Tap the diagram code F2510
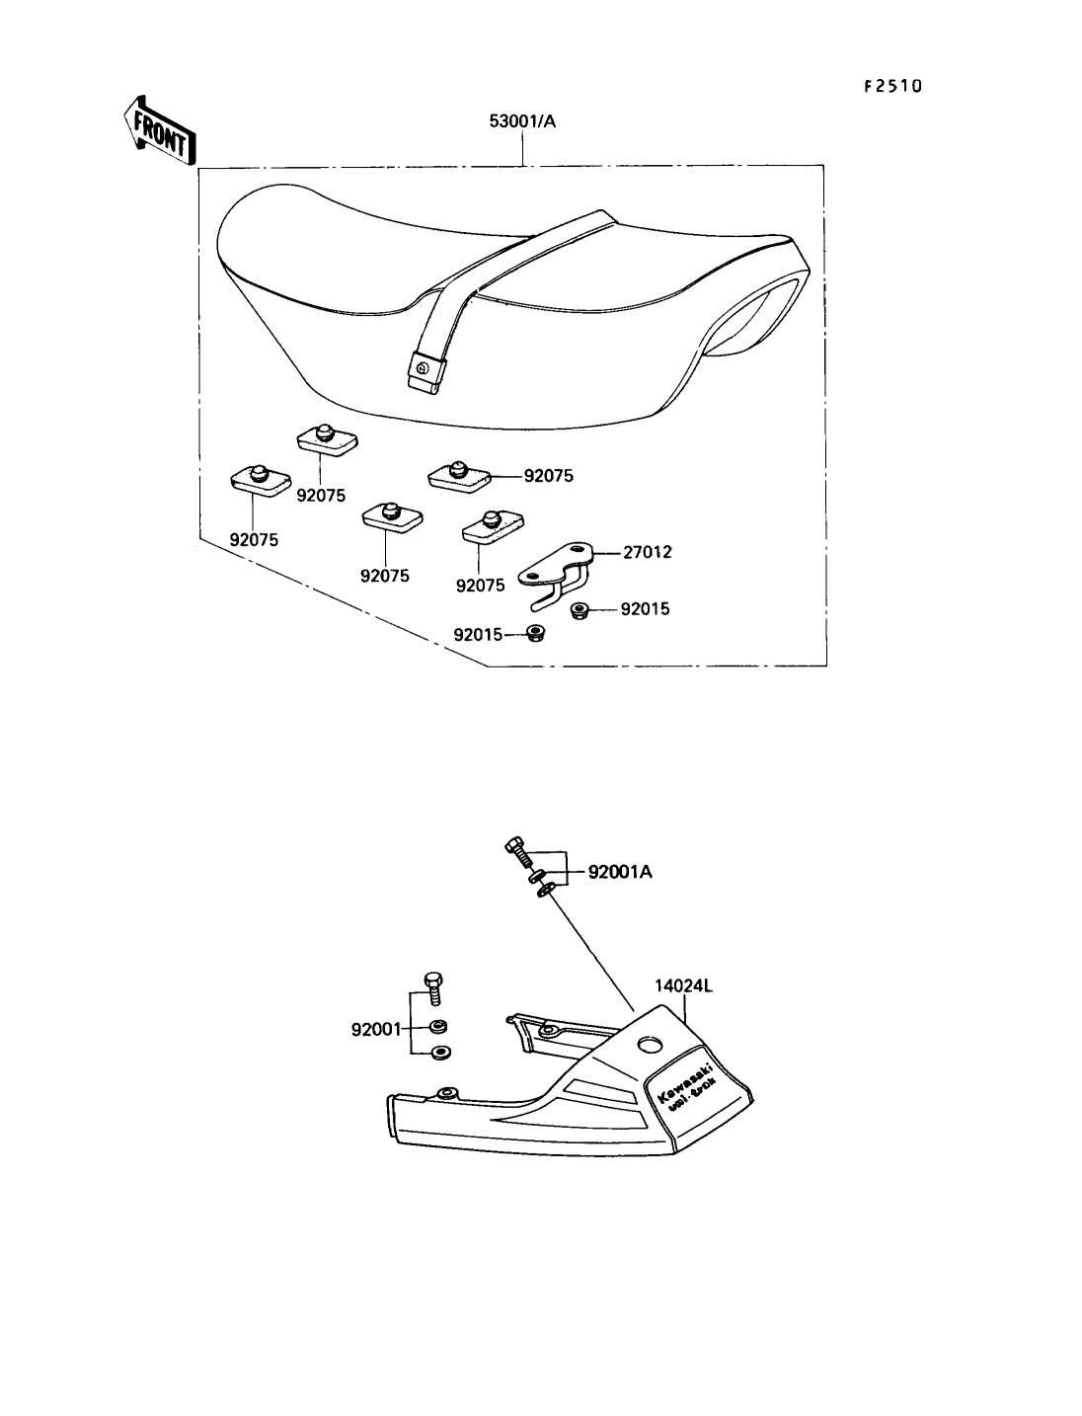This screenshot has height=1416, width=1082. tap(892, 86)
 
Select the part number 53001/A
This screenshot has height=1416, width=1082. tap(523, 121)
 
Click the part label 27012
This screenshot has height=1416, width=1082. tap(647, 552)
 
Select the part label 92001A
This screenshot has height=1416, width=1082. tap(620, 872)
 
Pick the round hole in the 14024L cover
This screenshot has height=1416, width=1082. tap(651, 1044)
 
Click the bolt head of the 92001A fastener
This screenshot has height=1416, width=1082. tap(513, 845)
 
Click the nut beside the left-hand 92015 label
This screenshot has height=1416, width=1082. tap(537, 633)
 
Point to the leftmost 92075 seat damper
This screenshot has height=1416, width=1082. tap(258, 480)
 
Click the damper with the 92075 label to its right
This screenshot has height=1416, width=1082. tap(459, 476)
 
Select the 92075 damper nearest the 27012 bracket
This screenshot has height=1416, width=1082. tap(492, 526)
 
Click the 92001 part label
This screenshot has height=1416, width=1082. tap(375, 1030)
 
